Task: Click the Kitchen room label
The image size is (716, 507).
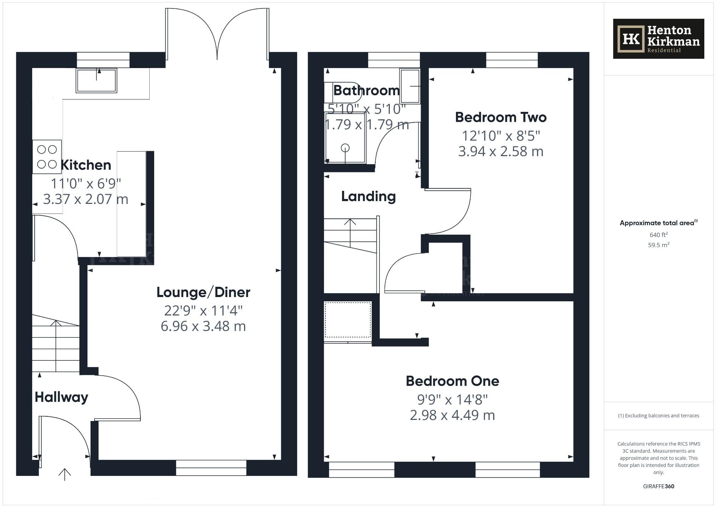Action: coord(86,165)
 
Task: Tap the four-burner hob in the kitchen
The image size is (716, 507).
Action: coord(47,156)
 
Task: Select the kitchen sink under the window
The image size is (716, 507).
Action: coord(96,80)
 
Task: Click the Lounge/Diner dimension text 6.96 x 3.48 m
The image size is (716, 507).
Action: coord(203,326)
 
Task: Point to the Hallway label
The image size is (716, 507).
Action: coord(61,397)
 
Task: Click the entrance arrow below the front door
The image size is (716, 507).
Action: coord(65,474)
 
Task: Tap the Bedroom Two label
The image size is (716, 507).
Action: coord(501,117)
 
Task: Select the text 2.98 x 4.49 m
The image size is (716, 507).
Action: coord(452,415)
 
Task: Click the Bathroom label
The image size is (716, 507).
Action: coord(366,91)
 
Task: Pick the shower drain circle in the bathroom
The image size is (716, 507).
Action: coord(345,148)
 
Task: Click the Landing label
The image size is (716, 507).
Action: coord(368,196)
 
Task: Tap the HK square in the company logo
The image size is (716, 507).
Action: coord(631,39)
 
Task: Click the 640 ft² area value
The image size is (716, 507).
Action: coord(658,235)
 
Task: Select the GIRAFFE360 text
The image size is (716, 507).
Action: coord(658,486)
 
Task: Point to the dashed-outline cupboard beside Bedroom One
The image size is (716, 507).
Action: coord(348,320)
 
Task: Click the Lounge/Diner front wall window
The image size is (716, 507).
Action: coord(211,467)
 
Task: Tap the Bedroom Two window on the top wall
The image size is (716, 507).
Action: coord(512,60)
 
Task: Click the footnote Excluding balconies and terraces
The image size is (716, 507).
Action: coord(658,416)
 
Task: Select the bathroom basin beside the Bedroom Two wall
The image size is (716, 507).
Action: coord(410,86)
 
